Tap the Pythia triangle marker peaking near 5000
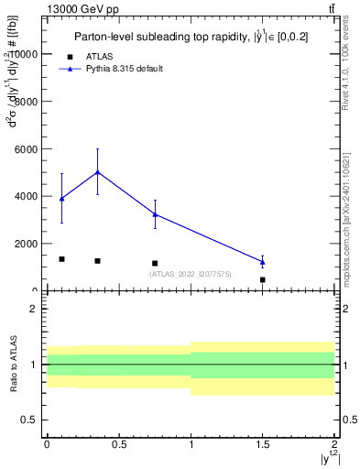pos(97,172)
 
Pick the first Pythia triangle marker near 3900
pos(61,199)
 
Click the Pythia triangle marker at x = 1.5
pos(263,262)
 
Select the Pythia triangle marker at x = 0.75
pos(155,214)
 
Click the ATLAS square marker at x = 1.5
pos(263,279)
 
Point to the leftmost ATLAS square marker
pos(61,259)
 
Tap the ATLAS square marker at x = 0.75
pos(155,263)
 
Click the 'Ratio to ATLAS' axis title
pos(14,365)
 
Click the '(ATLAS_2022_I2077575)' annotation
pos(190,274)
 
